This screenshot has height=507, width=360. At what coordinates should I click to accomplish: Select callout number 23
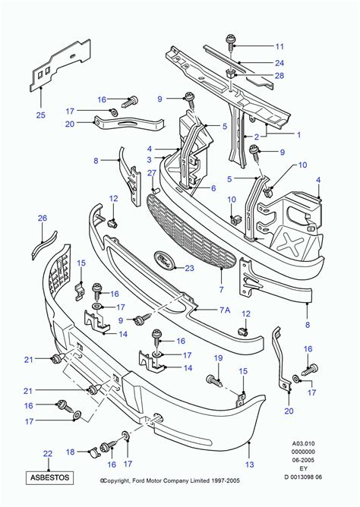(x=189, y=268)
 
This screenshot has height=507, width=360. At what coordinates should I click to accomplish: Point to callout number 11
(x=258, y=45)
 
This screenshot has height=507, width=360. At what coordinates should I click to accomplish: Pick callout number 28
(x=258, y=76)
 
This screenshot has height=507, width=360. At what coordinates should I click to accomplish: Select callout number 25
(x=40, y=115)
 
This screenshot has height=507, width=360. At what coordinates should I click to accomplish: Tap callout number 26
(x=43, y=218)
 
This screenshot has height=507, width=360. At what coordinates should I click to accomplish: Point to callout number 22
(x=47, y=454)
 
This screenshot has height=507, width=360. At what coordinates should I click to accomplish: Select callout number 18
(x=69, y=452)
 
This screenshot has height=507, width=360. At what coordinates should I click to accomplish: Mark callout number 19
(x=217, y=357)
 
